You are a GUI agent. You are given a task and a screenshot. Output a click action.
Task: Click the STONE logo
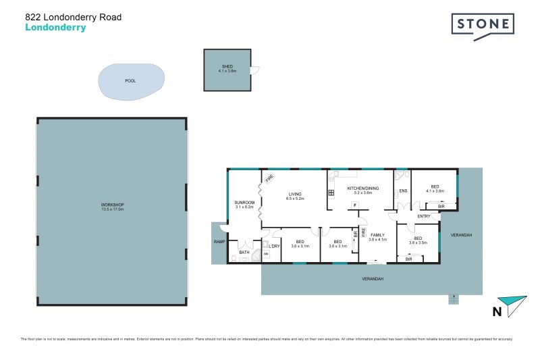pyautogui.click(x=483, y=26)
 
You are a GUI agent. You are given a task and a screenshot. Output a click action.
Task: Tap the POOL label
pyautogui.click(x=130, y=81)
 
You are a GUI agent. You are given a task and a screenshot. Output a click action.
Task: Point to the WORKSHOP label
pyautogui.click(x=113, y=205)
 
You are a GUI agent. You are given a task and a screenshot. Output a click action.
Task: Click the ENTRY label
pyautogui.click(x=424, y=216)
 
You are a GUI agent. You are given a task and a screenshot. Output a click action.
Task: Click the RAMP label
pyautogui.click(x=219, y=242)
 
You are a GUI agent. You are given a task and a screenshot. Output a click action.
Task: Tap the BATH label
pyautogui.click(x=244, y=253)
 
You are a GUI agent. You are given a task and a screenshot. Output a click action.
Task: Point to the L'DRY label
pyautogui.click(x=274, y=247)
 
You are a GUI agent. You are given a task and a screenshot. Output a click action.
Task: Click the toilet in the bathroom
pyautogui.click(x=234, y=258)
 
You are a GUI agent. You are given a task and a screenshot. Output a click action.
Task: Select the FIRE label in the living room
pyautogui.click(x=269, y=179)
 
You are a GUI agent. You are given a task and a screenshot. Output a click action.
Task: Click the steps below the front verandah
pyautogui.click(x=454, y=299)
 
